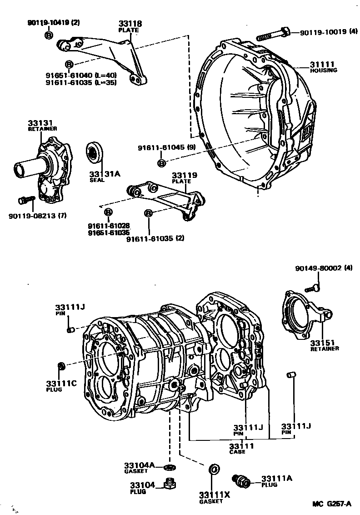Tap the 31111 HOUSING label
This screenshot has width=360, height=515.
coord(324,67)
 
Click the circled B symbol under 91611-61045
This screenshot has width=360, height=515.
coord(162,163)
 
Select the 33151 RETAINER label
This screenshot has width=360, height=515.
coord(325,345)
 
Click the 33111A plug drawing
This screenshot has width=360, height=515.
coord(240,480)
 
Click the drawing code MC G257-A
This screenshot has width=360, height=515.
coord(332,504)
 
